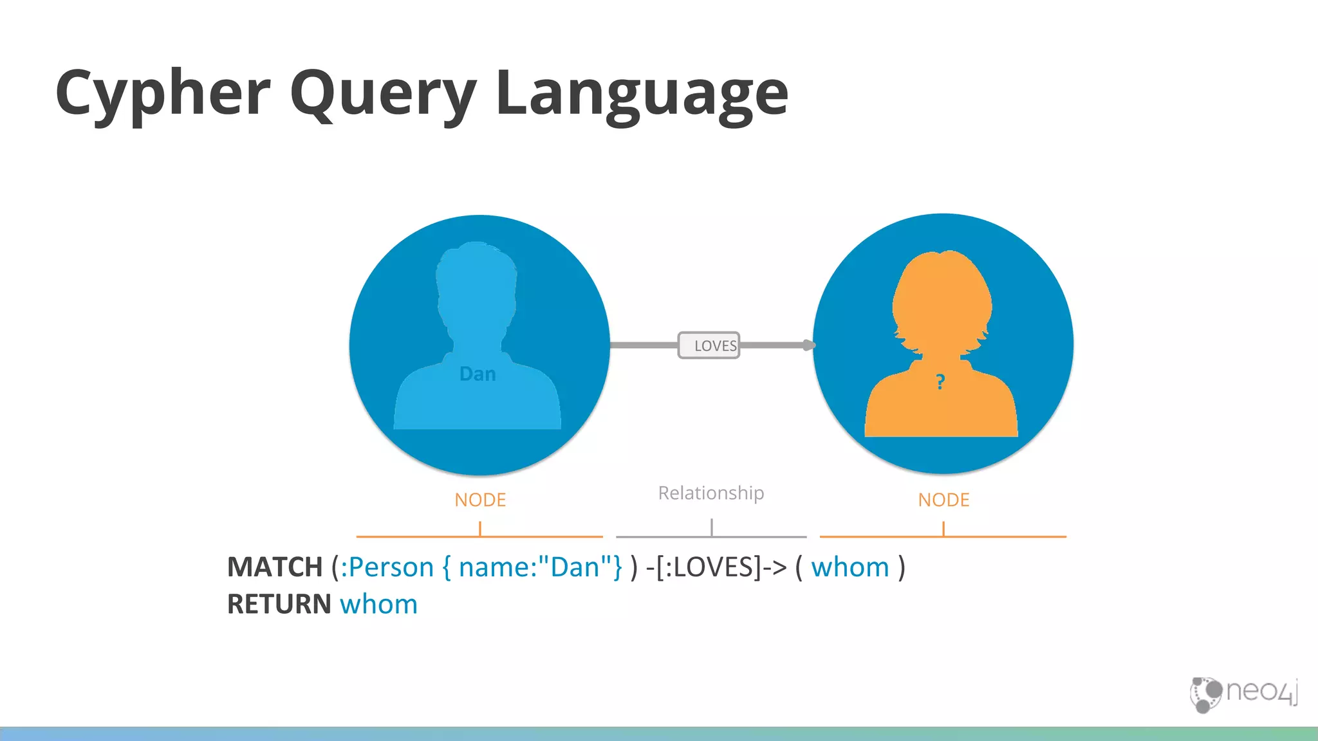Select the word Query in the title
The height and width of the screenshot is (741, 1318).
coord(384,94)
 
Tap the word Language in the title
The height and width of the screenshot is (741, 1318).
coord(642,94)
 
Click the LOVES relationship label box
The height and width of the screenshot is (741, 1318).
coord(709,345)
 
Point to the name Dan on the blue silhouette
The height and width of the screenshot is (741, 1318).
coord(478,374)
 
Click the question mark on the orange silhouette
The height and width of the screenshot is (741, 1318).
coord(940,382)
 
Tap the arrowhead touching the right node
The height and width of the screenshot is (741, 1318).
coord(808,345)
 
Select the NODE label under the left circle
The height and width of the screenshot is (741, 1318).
coord(480,500)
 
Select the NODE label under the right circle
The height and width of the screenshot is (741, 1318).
coord(943,500)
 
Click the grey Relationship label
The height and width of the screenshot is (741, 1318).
coord(711,493)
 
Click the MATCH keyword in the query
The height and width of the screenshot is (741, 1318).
coord(275,567)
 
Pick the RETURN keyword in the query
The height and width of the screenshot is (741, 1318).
coord(279,605)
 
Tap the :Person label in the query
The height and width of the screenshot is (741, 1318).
coord(387,567)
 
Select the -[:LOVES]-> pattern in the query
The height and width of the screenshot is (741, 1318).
coord(716,567)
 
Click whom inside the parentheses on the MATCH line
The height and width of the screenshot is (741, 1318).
coord(850,567)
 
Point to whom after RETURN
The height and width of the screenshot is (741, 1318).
coord(379,605)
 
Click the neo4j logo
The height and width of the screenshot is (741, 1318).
coord(1243,693)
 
